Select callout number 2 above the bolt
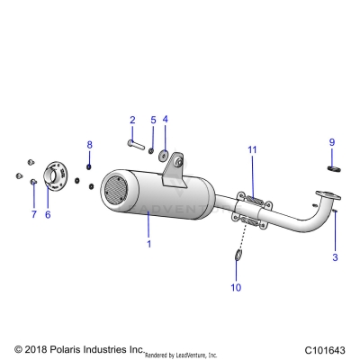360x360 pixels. coord(132,120)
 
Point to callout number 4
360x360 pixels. coord(165,120)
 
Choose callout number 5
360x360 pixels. coord(152,120)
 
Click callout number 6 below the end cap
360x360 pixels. coord(48,214)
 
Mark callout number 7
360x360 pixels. coord(33,214)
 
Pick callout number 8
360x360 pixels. coord(89,144)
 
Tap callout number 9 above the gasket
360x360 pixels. coord(331,142)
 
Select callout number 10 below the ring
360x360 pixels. coord(237,287)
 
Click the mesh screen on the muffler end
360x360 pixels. coord(115,190)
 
